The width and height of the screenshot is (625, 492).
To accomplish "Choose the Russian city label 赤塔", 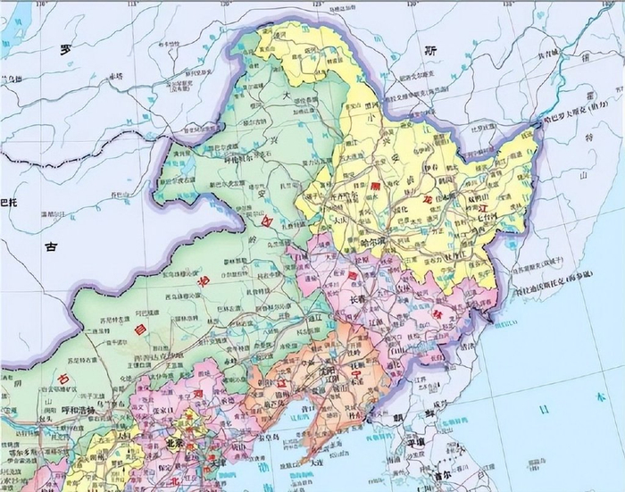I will (x=115, y=77).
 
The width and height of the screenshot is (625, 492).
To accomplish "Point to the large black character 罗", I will (x=64, y=50).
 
